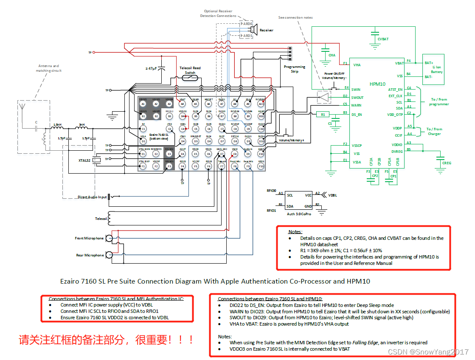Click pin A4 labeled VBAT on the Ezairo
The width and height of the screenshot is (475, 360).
183,104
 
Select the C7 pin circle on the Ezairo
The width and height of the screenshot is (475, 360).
222,129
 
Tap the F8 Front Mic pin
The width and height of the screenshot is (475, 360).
235,166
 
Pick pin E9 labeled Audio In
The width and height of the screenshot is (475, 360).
248,154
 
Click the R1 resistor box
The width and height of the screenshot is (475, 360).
323,114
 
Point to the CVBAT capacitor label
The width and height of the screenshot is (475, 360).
383,39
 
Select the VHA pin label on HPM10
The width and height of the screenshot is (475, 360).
357,65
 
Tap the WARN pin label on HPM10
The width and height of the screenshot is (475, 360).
357,105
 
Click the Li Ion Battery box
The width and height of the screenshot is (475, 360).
433,67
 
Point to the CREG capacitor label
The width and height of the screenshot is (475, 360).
447,163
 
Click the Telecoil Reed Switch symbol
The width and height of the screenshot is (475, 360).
190,78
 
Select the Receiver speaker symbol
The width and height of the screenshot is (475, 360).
254,29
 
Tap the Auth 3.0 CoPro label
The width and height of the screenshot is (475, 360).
299,214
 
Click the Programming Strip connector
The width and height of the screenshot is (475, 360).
290,54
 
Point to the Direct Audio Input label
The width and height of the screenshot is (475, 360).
92,197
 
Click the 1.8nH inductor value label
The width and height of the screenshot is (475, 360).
57,124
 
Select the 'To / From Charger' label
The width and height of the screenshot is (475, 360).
434,131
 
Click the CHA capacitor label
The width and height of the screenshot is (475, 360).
332,55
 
